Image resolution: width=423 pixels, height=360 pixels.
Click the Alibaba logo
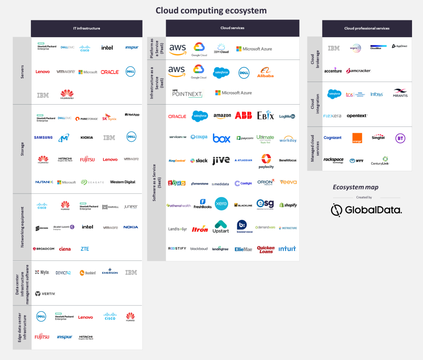point(265,72)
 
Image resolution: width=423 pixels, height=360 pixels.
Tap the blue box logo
point(222,138)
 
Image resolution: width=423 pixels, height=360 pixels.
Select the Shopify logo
point(288,205)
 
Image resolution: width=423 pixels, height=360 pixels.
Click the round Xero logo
point(221,204)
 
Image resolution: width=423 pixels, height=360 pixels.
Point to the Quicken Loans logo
point(266,249)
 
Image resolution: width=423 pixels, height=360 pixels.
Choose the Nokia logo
point(130,227)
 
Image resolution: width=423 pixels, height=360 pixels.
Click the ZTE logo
point(85,249)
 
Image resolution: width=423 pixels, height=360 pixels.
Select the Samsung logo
point(43,137)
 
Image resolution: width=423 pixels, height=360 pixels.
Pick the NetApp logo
point(132,115)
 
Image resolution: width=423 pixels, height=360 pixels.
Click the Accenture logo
point(333,71)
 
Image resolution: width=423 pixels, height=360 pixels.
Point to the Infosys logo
point(377,94)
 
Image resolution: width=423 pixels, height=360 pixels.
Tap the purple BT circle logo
point(400,138)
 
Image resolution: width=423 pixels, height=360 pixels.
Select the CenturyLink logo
point(380,161)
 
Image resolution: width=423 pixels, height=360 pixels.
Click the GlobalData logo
point(366,210)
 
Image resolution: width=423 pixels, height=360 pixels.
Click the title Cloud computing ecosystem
point(211,10)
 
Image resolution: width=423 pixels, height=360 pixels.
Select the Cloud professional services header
point(367,28)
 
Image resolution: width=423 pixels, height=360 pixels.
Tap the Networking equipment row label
point(22,227)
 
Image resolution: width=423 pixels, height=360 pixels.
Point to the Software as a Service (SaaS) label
point(156,183)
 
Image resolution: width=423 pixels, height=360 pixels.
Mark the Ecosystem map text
point(355,187)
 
